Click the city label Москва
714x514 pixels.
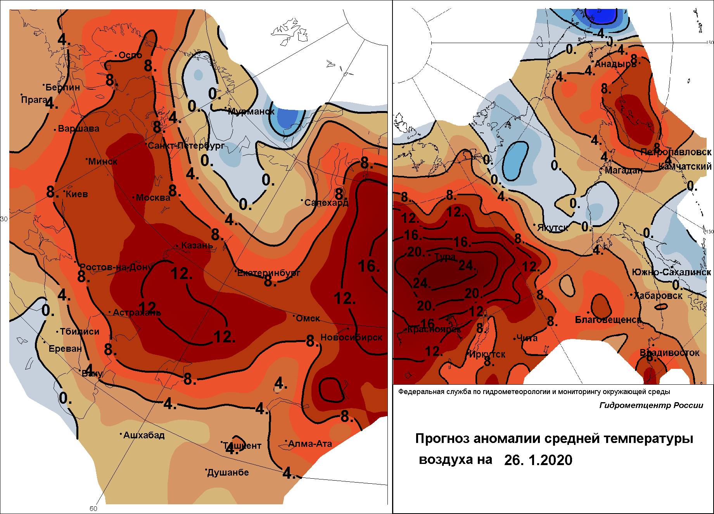153,198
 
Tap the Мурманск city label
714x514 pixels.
251,111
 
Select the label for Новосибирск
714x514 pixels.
351,337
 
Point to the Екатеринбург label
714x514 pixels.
269,273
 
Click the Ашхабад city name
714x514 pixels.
144,435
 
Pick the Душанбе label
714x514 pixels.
228,472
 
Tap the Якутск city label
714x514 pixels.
553,227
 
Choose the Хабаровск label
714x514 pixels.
658,295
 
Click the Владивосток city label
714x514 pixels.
669,353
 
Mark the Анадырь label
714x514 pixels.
615,64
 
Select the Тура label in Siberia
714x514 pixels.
445,257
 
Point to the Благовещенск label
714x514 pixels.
608,320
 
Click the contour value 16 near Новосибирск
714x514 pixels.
368,266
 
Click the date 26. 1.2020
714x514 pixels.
538,460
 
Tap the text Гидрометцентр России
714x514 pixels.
651,405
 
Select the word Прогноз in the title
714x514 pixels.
443,438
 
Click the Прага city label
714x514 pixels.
35,100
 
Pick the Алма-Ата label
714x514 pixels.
310,444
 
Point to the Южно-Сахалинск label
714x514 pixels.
671,272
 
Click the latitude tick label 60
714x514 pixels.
93,509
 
